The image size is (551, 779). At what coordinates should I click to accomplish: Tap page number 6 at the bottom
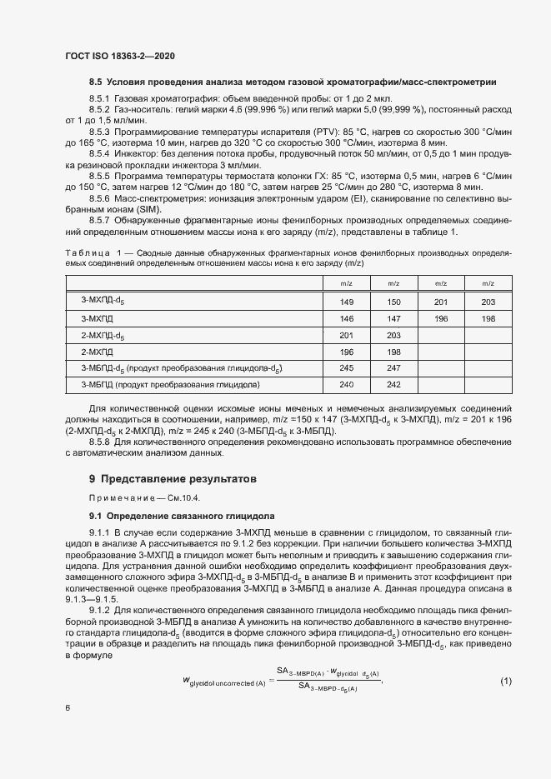68,708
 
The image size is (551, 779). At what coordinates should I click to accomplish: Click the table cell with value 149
347,302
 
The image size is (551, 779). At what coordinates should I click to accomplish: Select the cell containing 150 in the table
394,302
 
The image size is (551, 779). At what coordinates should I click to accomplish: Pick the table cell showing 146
347,318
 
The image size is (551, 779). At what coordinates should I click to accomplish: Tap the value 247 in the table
394,367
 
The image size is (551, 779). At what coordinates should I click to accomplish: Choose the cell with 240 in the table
347,384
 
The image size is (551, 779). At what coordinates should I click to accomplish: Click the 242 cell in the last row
394,384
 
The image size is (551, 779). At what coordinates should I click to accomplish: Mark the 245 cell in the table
347,367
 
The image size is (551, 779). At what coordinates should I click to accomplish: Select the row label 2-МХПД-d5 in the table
102,335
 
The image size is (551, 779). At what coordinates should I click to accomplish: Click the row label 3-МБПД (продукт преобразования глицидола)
170,384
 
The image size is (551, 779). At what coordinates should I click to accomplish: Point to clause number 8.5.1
99,98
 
